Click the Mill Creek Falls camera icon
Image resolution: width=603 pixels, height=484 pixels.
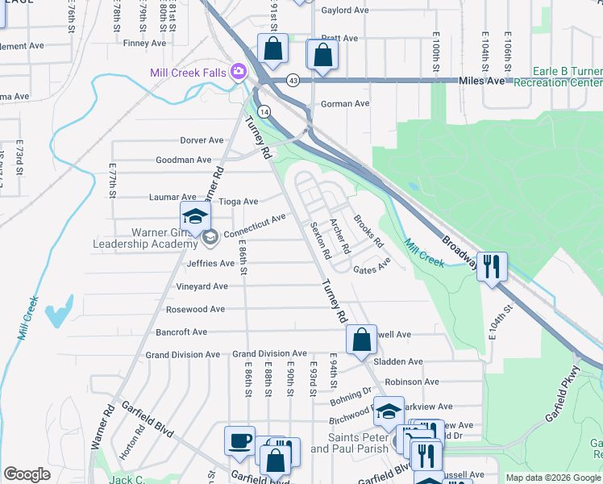(238, 73)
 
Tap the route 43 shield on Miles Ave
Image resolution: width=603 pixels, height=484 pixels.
(293, 80)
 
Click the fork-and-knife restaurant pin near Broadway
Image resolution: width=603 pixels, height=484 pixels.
(492, 266)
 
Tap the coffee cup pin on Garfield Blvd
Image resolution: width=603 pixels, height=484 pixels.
(240, 441)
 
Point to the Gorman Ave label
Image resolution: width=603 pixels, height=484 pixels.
(345, 104)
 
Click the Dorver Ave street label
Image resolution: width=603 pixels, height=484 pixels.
(201, 140)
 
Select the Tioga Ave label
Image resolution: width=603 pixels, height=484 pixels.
(239, 201)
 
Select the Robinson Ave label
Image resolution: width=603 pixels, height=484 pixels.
(411, 382)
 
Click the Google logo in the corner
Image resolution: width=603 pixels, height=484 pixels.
(27, 474)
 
